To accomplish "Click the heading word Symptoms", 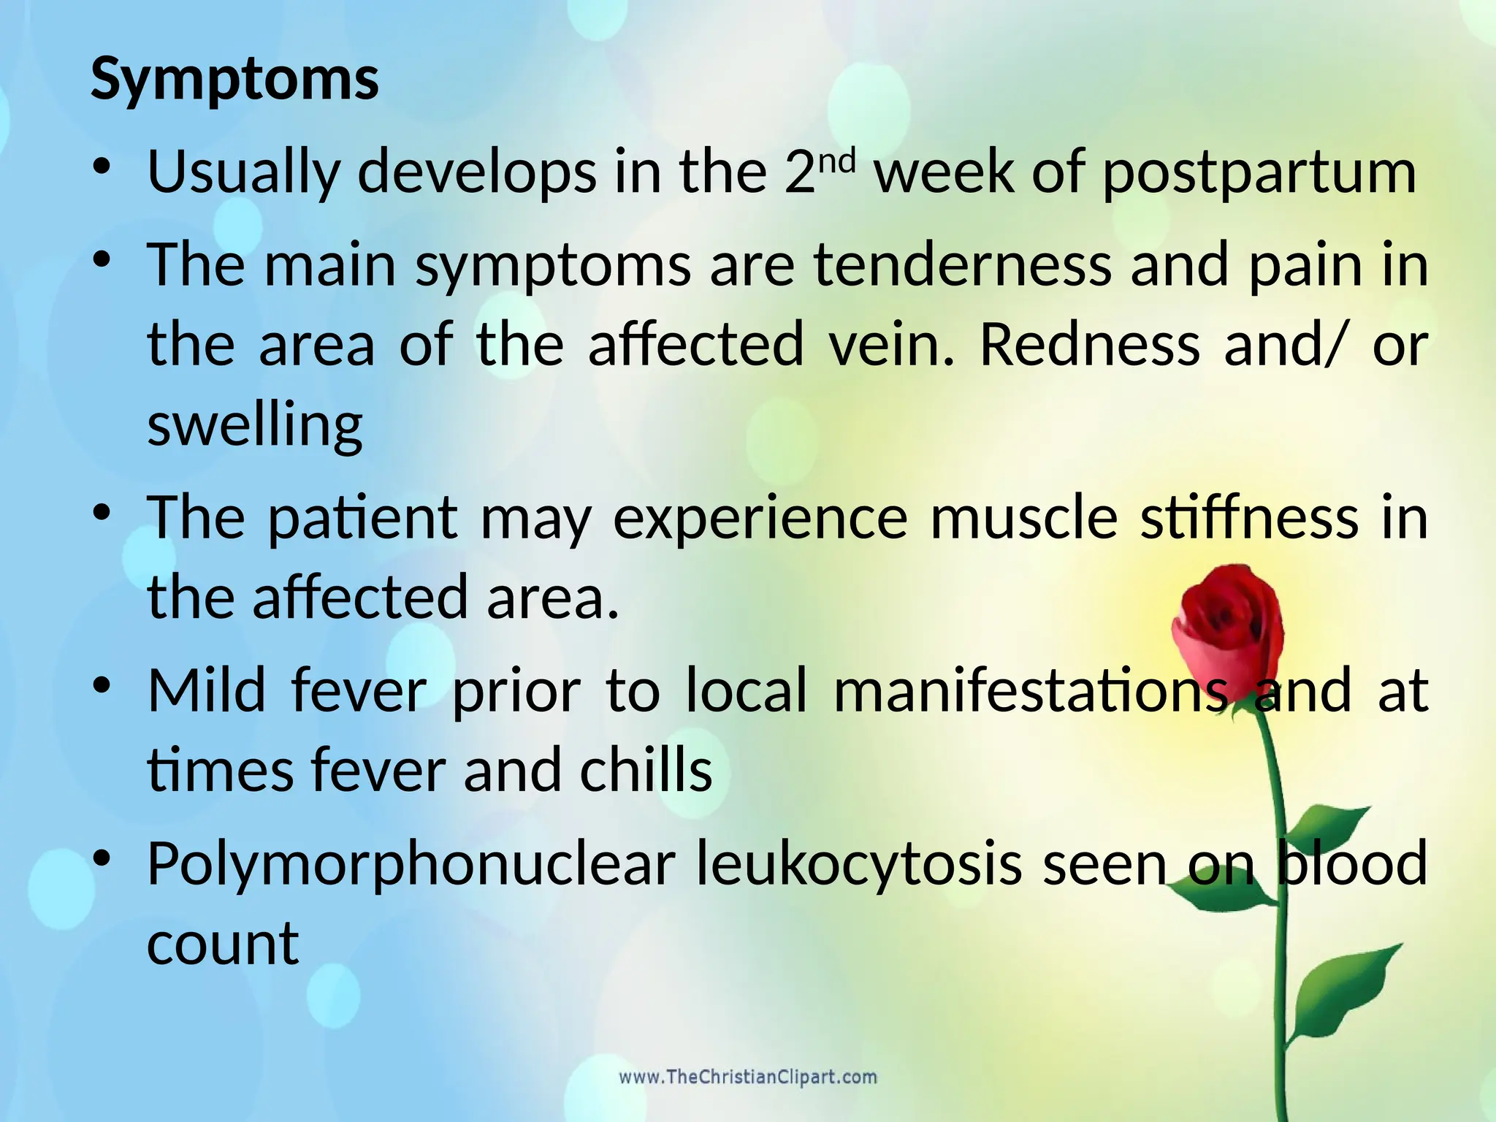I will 234,79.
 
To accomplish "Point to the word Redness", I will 1089,344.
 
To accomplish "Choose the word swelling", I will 255,425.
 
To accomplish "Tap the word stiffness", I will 1250,518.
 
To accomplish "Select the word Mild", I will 207,690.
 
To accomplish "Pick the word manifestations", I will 1031,690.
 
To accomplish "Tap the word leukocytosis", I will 859,863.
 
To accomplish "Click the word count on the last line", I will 223,944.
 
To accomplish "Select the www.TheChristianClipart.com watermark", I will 748,1077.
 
